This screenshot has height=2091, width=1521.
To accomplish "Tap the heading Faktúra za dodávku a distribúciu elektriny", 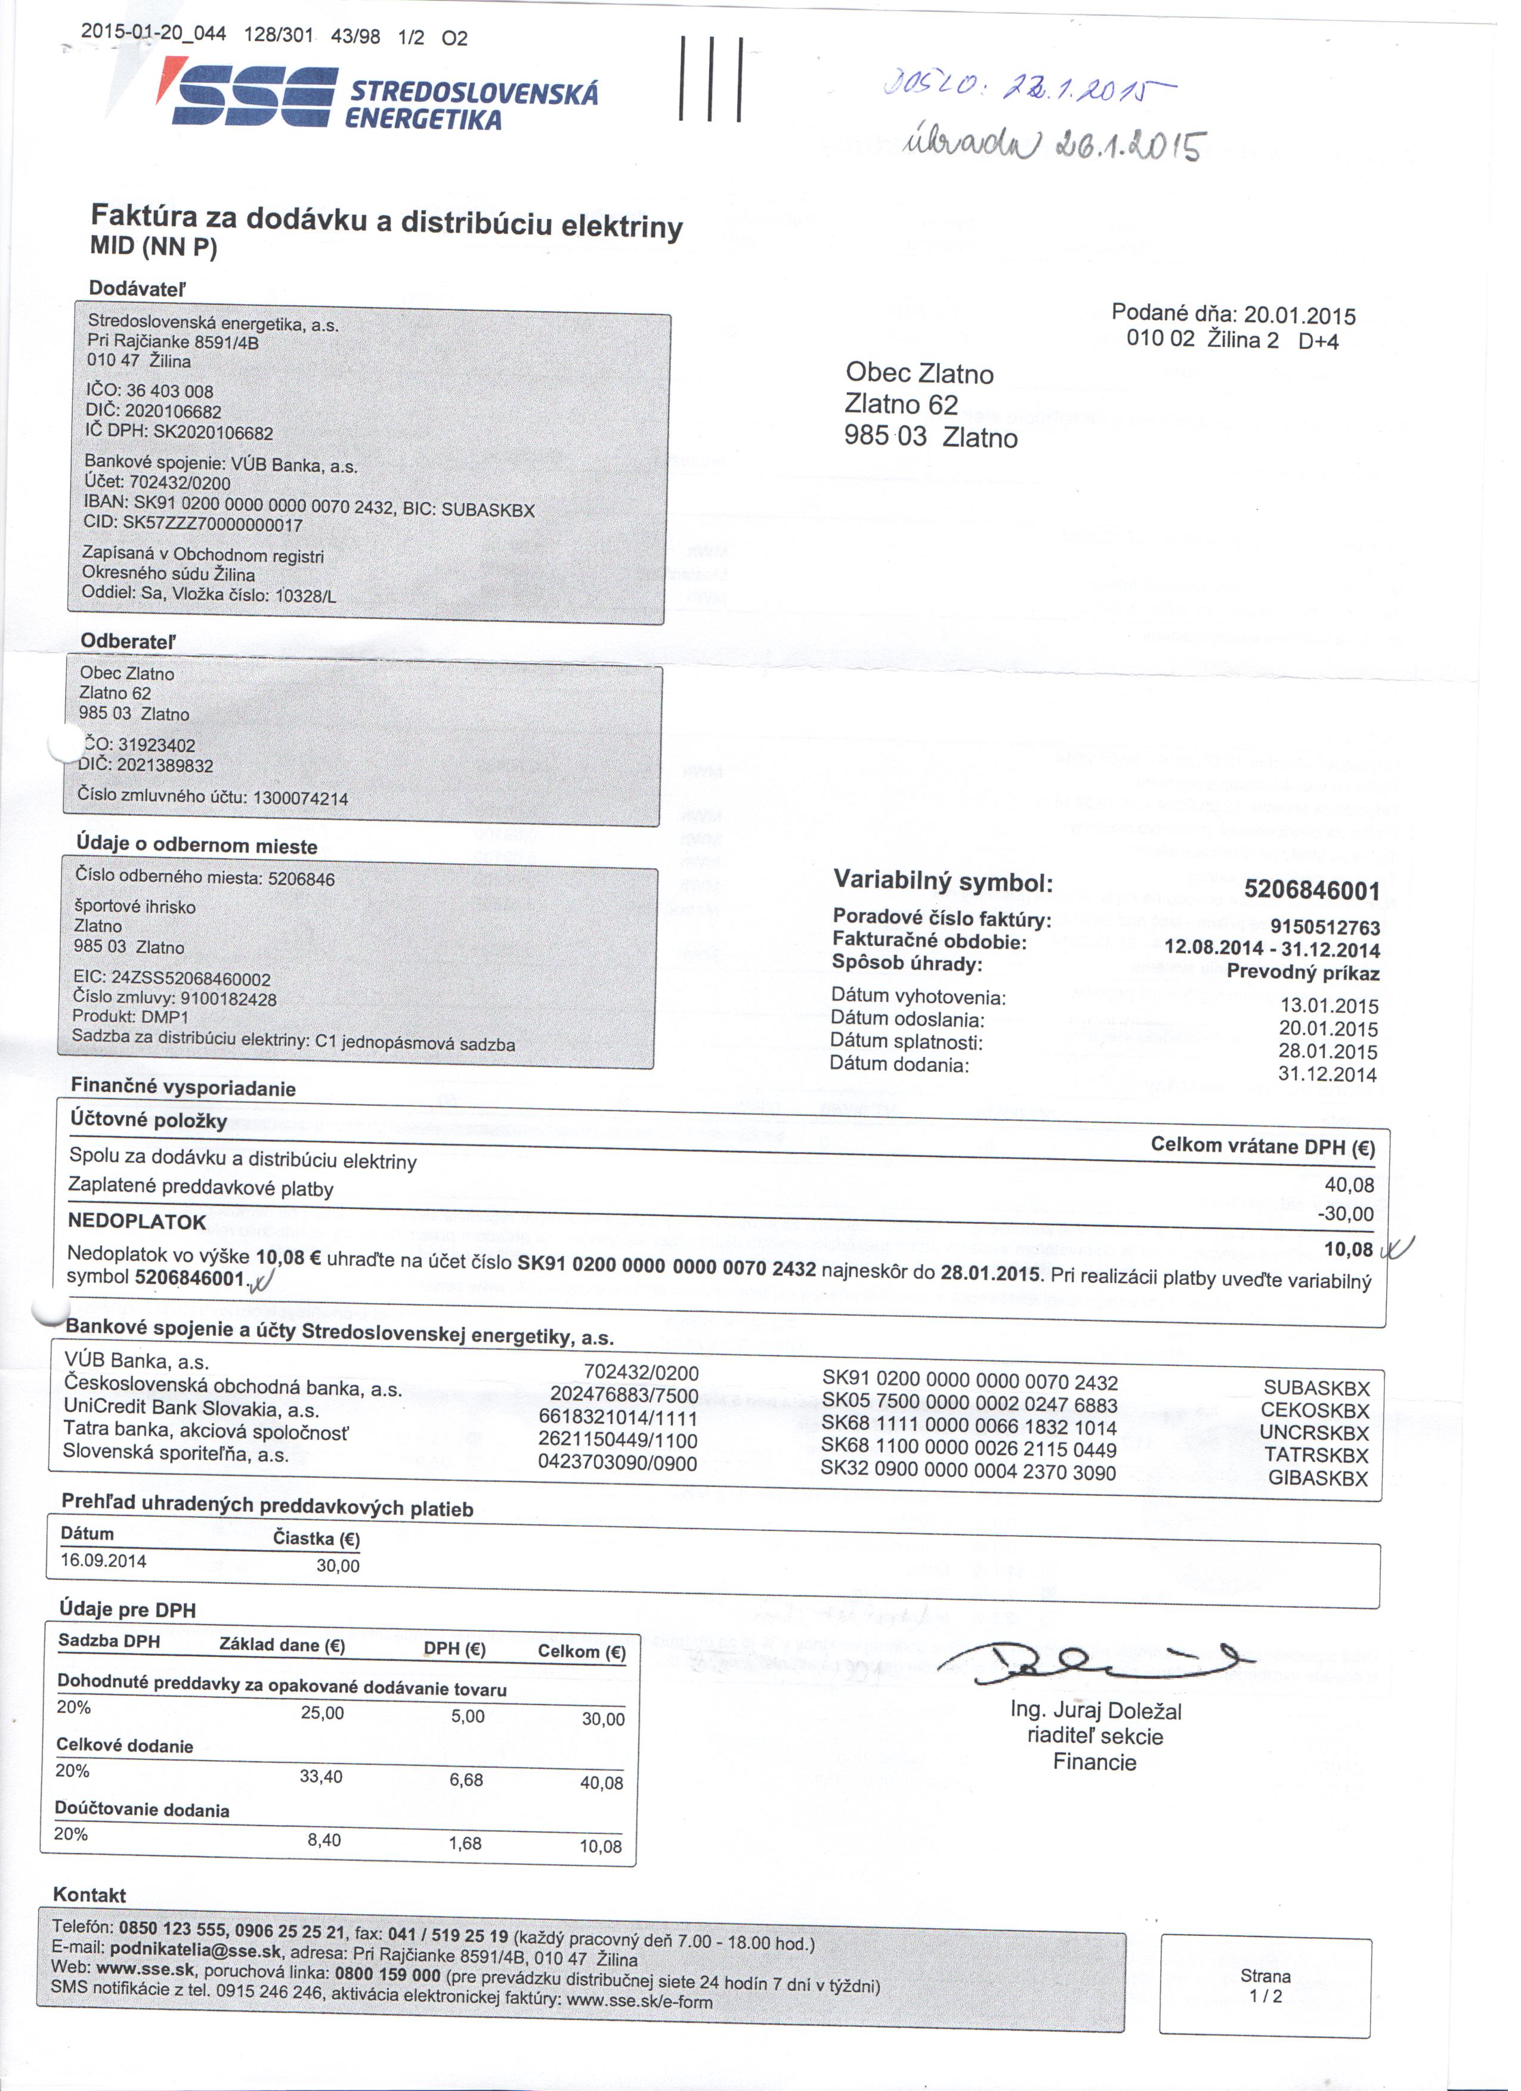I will [x=387, y=221].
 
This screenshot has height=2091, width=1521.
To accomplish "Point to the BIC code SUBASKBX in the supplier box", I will [x=489, y=510].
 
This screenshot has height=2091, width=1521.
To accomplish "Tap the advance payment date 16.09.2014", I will [x=103, y=1561].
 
